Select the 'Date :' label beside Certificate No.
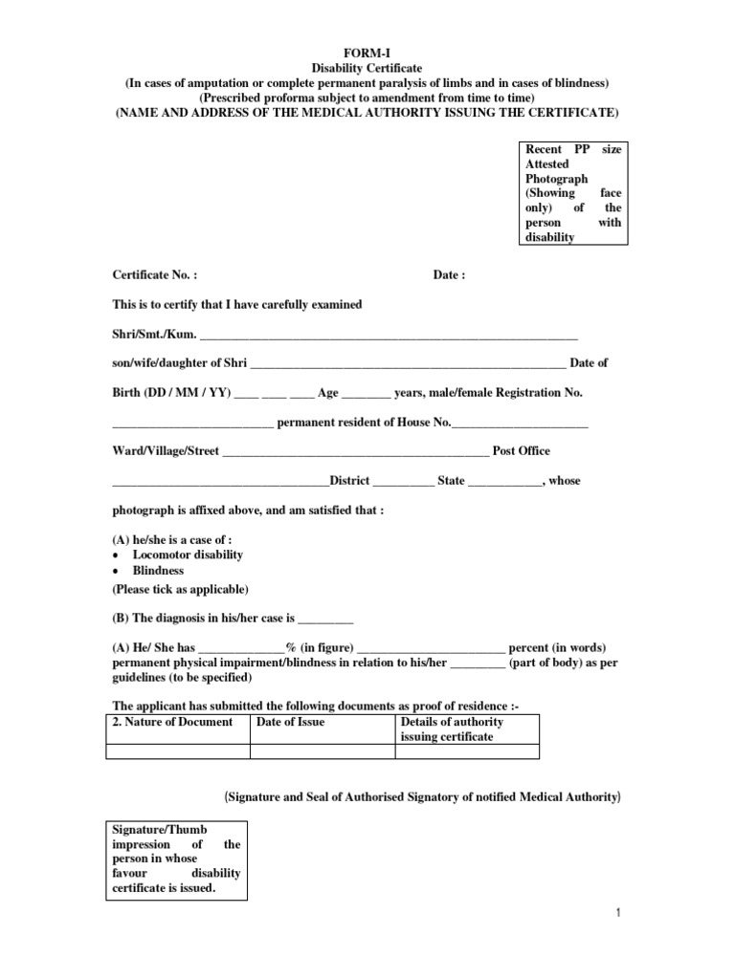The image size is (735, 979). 449,275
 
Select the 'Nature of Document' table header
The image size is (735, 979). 173,722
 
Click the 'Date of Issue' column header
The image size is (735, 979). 291,722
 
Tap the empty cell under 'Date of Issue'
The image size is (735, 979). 322,751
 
